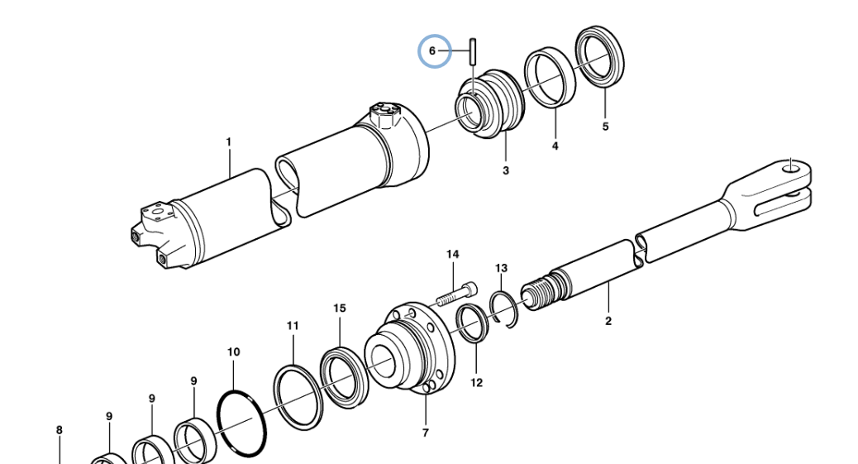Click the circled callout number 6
(431, 51)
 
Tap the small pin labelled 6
(474, 51)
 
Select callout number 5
(605, 127)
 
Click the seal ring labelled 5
(599, 56)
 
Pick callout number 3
(506, 170)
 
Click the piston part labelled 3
(489, 103)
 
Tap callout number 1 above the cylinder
(229, 142)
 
